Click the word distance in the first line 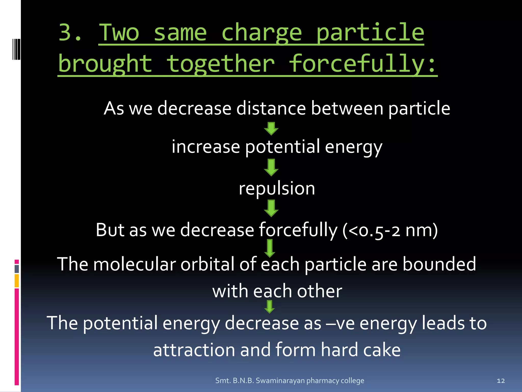tap(271, 108)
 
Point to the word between tap(347, 108)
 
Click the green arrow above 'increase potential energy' tap(271, 128)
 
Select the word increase tap(206, 147)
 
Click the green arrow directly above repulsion tap(271, 167)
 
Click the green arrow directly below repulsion tap(271, 208)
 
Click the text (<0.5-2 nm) tap(390, 230)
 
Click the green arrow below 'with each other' tap(269, 306)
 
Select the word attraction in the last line tap(194, 350)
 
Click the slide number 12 tap(501, 381)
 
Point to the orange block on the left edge tap(17, 280)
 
